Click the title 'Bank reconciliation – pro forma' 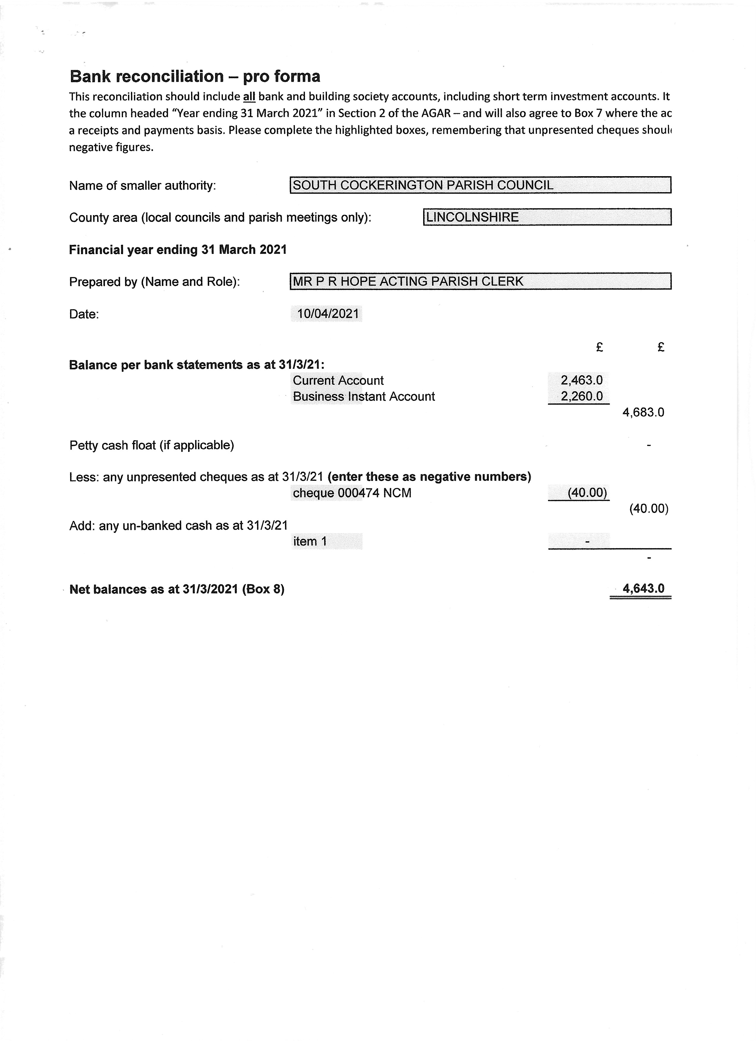tap(195, 76)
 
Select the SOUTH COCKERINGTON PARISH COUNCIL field tap(480, 185)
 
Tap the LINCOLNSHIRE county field tap(547, 217)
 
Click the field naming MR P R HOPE tap(480, 281)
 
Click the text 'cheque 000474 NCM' tap(352, 493)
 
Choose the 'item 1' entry tap(310, 542)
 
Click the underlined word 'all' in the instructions tap(249, 97)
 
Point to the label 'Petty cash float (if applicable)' tap(152, 445)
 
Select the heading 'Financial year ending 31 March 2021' tap(178, 250)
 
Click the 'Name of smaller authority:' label tap(142, 185)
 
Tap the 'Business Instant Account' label tap(363, 397)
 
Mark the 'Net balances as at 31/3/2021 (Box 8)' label tap(177, 589)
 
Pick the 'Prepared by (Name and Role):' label tap(154, 282)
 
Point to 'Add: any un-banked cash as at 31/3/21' tap(178, 526)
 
